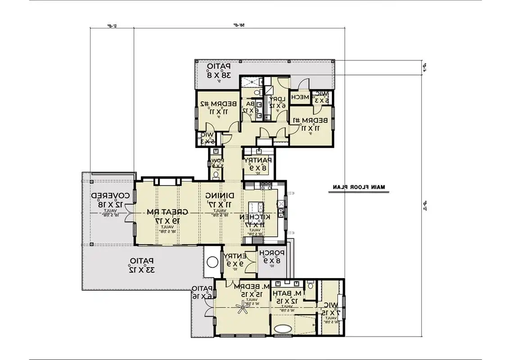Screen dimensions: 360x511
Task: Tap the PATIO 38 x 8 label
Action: click(x=219, y=71)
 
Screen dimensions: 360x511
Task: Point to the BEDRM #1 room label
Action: click(x=310, y=124)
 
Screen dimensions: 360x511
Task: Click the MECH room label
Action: click(x=300, y=97)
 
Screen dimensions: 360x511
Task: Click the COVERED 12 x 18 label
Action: click(x=111, y=200)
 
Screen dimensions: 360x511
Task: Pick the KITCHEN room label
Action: click(x=254, y=221)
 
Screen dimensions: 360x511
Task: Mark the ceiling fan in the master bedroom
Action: click(x=244, y=308)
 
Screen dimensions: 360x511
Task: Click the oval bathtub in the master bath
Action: click(x=283, y=328)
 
